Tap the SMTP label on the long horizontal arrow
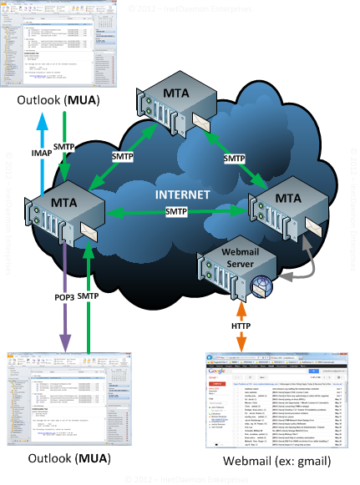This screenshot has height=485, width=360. coord(175,213)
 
